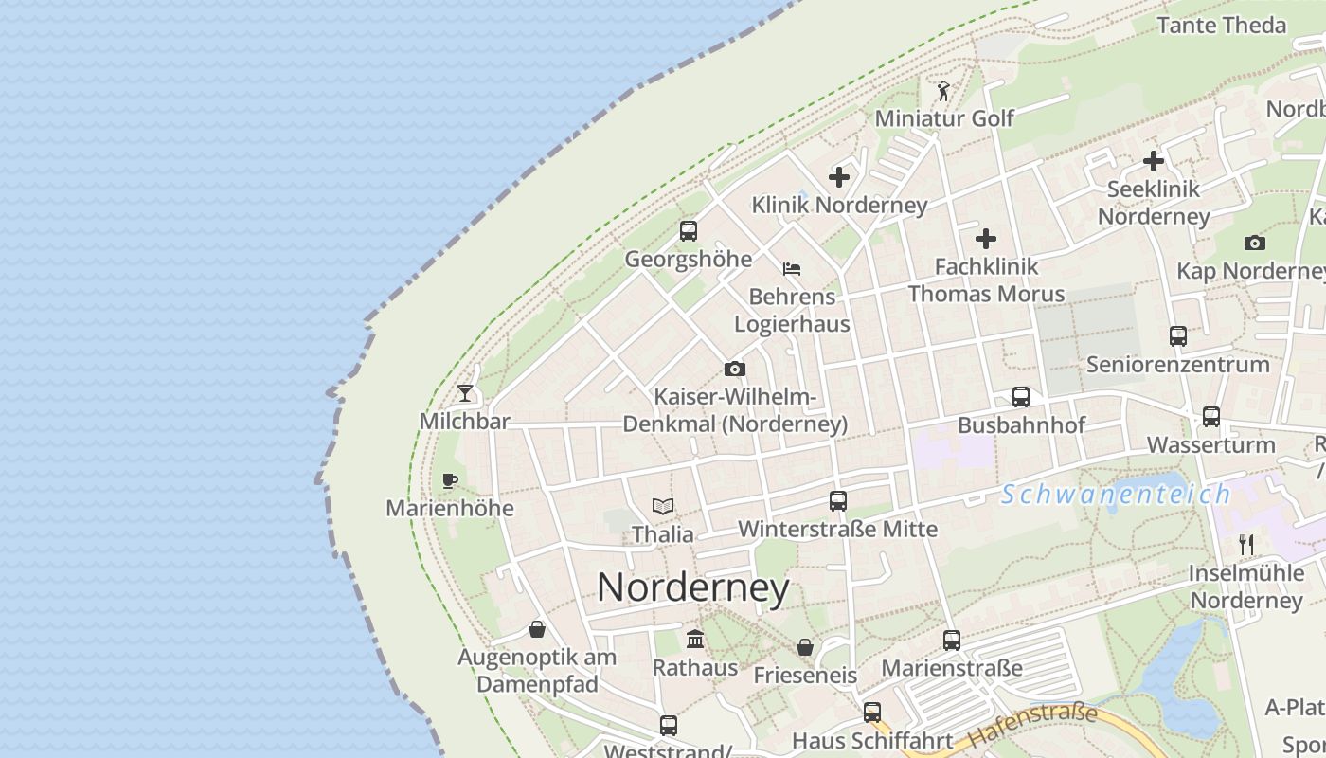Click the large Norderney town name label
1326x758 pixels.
point(692,587)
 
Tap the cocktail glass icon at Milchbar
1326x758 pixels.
point(465,392)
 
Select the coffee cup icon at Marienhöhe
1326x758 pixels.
point(450,480)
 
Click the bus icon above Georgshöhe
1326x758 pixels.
point(689,230)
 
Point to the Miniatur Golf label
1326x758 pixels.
point(944,118)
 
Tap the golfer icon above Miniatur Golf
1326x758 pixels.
point(942,91)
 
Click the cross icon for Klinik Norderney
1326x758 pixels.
point(839,177)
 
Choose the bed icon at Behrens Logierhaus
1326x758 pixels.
point(792,269)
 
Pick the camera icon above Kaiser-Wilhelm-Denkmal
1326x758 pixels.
point(734,369)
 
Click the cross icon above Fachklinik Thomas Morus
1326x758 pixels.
point(986,239)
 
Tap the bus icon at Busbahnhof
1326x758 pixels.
point(1021,397)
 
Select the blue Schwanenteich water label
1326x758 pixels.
point(1116,494)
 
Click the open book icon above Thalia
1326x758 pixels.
point(663,507)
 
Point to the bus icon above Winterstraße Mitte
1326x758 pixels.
point(838,501)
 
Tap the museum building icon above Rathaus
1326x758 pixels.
point(695,640)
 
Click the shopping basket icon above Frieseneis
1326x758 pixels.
point(805,647)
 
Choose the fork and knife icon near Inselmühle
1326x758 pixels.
point(1246,545)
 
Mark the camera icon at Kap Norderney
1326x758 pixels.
point(1255,244)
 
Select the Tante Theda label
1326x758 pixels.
point(1222,26)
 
